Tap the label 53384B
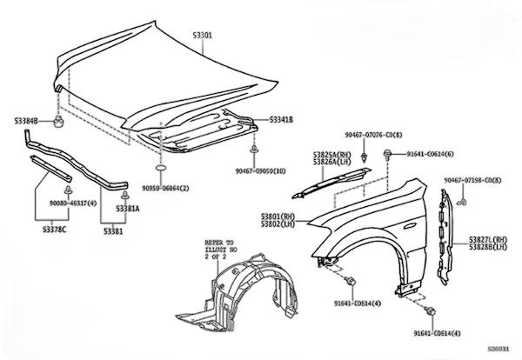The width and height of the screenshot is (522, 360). pos(30,120)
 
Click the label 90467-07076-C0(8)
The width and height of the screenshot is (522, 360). pos(375,136)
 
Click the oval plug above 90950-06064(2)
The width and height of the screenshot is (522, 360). pos(161,167)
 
